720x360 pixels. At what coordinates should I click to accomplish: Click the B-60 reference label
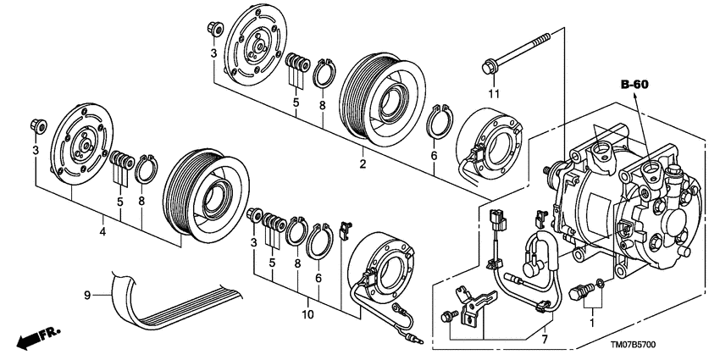click(634, 85)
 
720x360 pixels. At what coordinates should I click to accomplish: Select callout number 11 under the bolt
click(493, 94)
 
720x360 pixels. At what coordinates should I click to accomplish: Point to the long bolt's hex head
click(489, 68)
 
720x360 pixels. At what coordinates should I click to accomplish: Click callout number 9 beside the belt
click(87, 296)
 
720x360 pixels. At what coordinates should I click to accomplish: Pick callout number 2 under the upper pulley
click(363, 164)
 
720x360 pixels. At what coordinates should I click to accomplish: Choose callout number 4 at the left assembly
click(102, 232)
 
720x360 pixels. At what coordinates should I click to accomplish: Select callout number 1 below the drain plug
click(592, 323)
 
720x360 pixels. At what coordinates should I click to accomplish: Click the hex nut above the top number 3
click(214, 29)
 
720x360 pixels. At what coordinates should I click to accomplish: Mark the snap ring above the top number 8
click(324, 73)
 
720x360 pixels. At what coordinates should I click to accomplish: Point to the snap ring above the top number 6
click(440, 121)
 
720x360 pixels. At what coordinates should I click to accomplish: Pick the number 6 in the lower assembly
click(318, 278)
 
